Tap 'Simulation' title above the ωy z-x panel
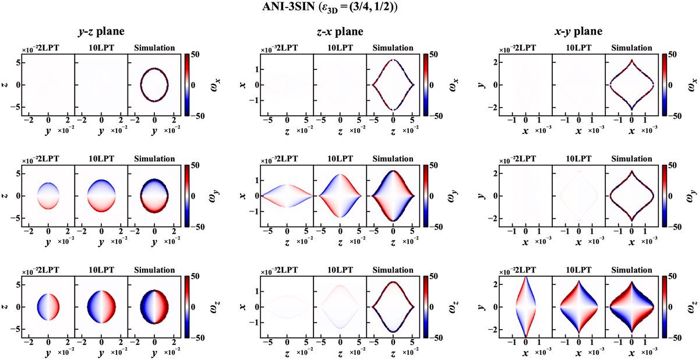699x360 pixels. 393,158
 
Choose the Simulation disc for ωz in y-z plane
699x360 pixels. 154,306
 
